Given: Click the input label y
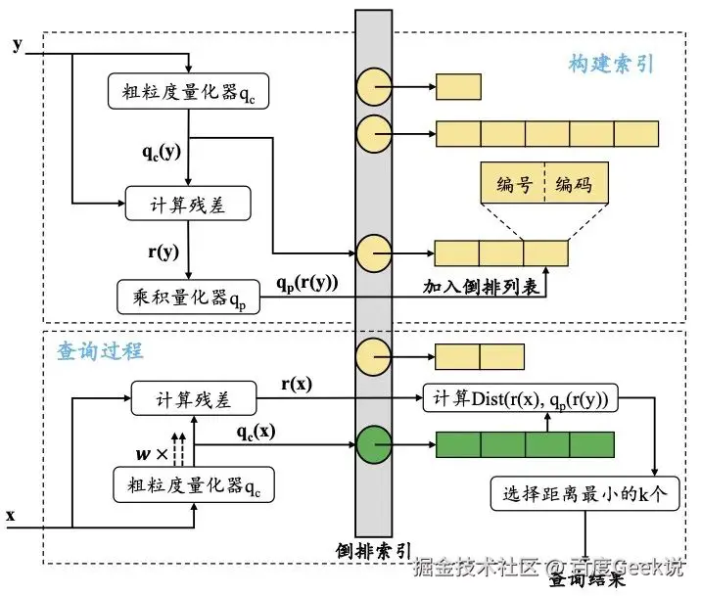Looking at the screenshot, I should click(17, 45).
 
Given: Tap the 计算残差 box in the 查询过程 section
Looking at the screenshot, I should click(193, 399).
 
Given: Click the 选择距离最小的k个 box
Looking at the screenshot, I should click(584, 494).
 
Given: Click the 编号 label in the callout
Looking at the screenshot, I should click(512, 185).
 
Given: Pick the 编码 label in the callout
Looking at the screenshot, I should click(575, 185).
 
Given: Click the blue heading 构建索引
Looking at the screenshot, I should click(611, 65).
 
